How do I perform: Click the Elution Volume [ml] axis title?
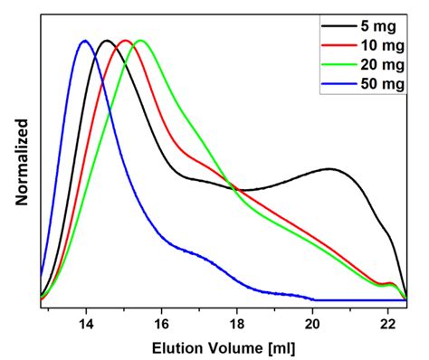tap(224, 346)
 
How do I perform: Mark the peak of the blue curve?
tap(85, 41)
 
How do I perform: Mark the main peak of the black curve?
tap(107, 41)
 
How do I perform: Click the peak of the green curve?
tap(140, 41)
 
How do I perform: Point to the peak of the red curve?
tap(125, 41)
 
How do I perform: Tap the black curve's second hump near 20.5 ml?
tap(330, 168)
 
